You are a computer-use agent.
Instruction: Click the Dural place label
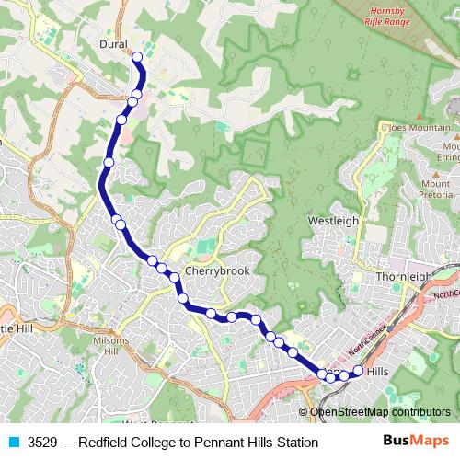(x=113, y=43)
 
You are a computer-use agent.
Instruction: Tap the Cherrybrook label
(x=216, y=271)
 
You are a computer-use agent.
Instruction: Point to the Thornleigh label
(x=404, y=275)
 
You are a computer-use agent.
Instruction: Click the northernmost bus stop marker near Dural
(x=137, y=57)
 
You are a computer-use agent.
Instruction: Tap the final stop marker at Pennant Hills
(x=358, y=371)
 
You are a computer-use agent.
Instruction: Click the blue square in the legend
(x=13, y=443)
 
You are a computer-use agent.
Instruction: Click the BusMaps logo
(x=417, y=442)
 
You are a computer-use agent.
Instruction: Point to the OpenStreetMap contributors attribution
(x=379, y=412)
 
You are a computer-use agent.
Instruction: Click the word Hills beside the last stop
(x=378, y=371)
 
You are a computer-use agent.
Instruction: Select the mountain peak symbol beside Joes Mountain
(x=385, y=126)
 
